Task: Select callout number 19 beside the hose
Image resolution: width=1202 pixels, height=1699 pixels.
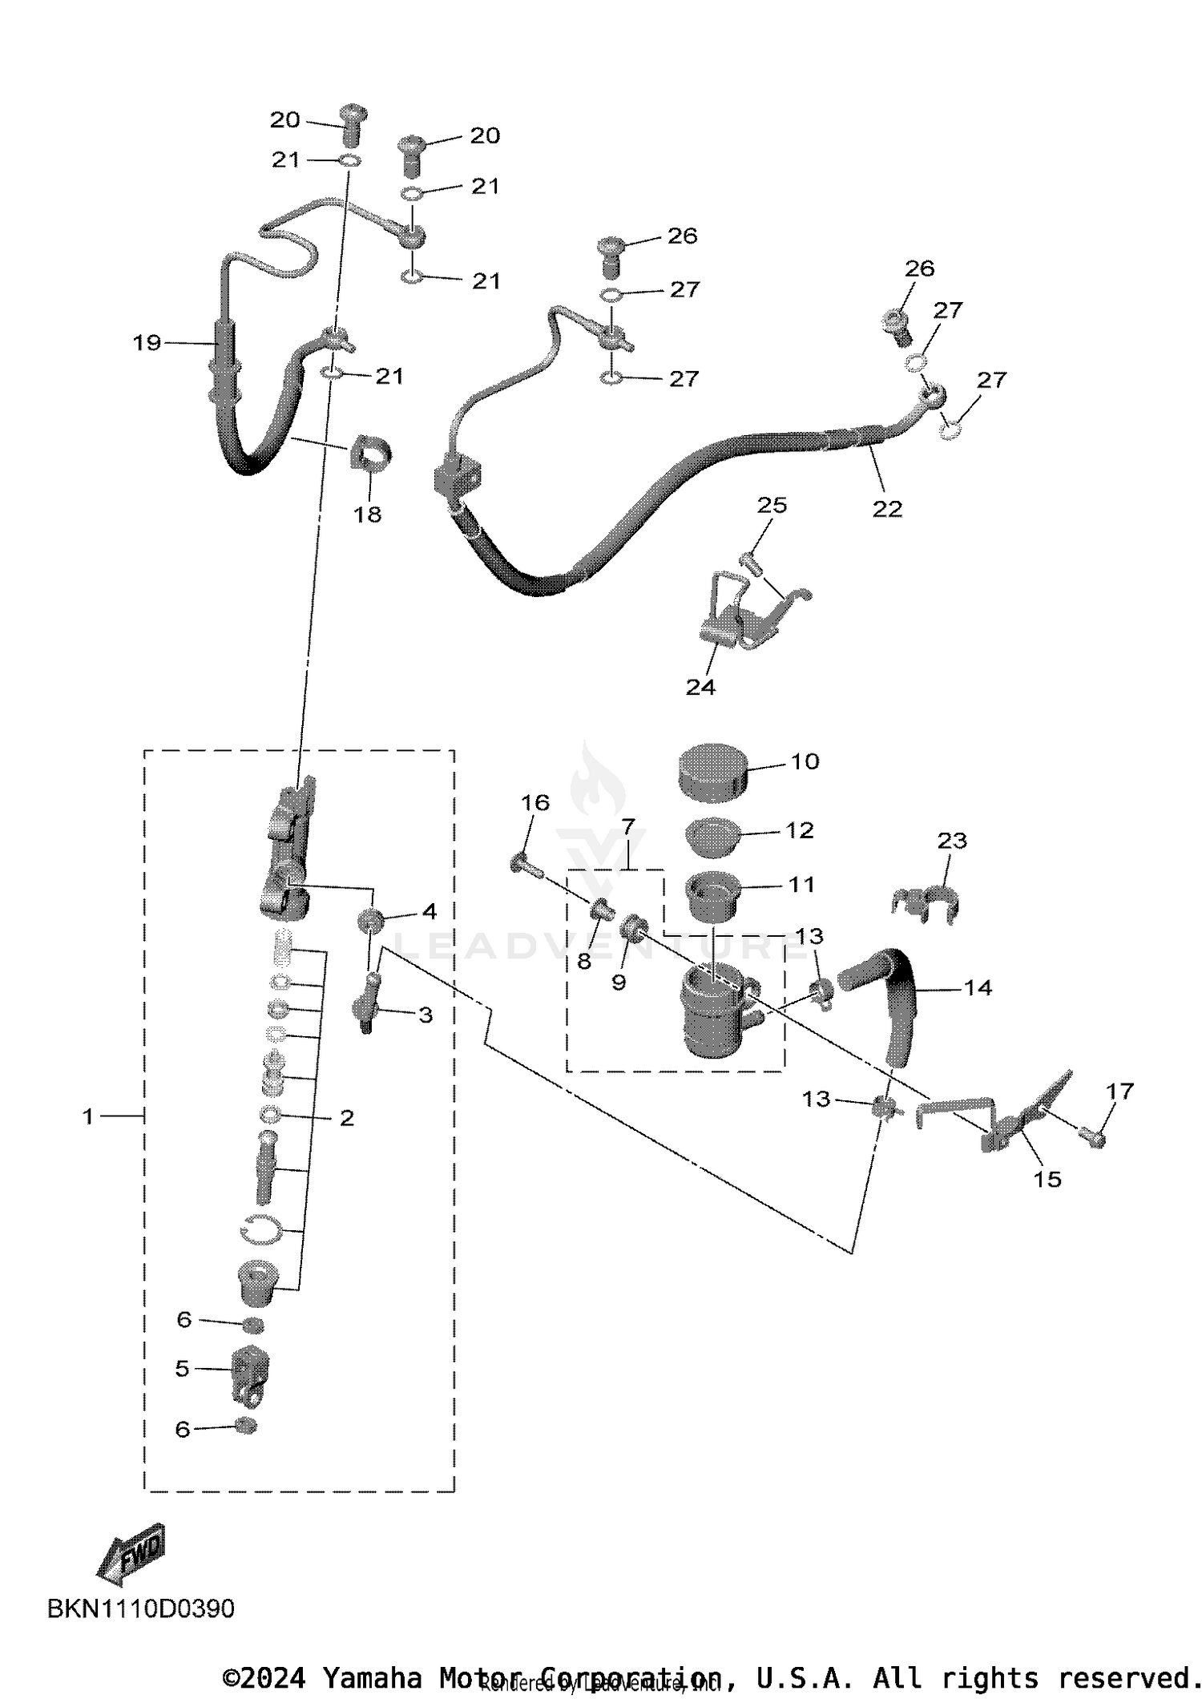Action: pyautogui.click(x=147, y=343)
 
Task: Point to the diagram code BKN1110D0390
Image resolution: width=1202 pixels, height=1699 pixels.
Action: pyautogui.click(x=141, y=1608)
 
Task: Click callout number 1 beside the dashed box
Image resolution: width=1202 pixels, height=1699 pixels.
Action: pyautogui.click(x=88, y=1116)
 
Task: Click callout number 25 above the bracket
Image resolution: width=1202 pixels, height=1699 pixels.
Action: pyautogui.click(x=772, y=505)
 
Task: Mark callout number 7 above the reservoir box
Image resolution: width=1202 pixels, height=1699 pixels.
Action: pyautogui.click(x=627, y=825)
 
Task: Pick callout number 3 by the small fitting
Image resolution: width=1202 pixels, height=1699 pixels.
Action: pyautogui.click(x=426, y=1015)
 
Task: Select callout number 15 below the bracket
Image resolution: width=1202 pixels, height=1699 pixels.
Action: pyautogui.click(x=1047, y=1179)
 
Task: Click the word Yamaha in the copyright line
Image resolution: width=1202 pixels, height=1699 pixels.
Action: pyautogui.click(x=372, y=1677)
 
